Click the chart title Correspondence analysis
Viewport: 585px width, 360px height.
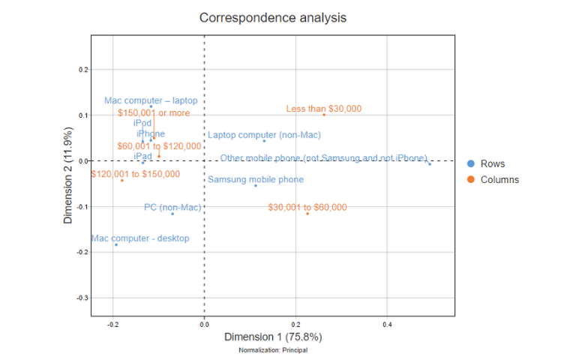coord(274,17)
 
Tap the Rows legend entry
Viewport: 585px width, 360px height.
coord(492,163)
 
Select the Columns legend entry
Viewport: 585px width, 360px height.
coord(499,179)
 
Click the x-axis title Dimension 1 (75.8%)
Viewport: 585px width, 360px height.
coord(273,337)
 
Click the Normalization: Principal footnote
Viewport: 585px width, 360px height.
coord(273,350)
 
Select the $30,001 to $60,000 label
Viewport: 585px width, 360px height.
coord(307,207)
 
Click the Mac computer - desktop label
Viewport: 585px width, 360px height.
coord(140,238)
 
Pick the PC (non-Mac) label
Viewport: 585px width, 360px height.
coord(172,207)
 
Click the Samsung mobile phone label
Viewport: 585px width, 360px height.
coord(256,180)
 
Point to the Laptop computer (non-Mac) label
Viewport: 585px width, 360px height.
coord(264,136)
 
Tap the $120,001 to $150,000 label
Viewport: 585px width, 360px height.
coord(136,174)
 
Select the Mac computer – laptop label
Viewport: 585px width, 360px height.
coord(151,100)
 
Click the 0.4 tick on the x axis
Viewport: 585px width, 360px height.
coord(387,325)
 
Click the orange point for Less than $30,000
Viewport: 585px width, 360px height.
coord(324,115)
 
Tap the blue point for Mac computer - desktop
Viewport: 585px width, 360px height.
coord(116,244)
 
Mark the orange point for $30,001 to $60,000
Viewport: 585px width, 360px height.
coord(307,214)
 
